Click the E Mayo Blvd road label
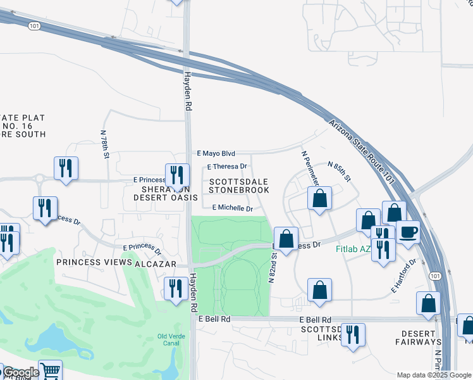(216, 153)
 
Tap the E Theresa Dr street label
(228, 167)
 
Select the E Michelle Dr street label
(232, 208)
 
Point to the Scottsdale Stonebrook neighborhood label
(239, 186)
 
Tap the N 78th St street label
(104, 144)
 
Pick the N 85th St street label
(340, 172)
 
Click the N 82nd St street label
(273, 266)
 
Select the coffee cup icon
(408, 232)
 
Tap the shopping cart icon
(50, 370)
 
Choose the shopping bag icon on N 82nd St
(286, 239)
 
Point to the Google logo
(20, 373)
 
